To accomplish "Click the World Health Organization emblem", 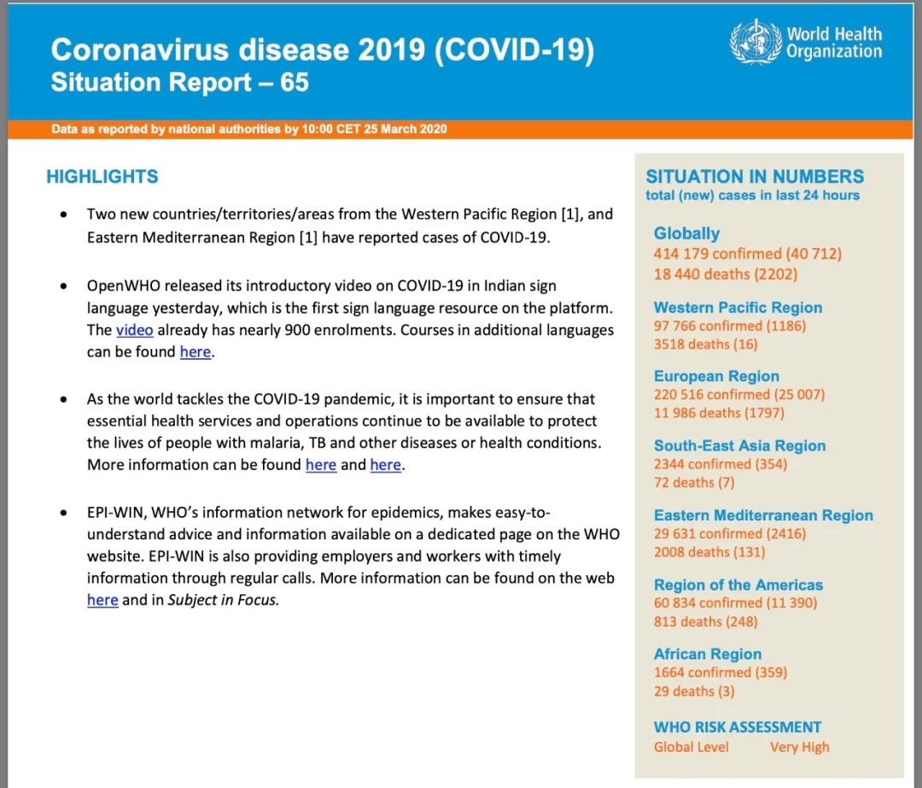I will (756, 42).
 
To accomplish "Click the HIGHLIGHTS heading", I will (102, 177).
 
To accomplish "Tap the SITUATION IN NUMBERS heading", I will (755, 177).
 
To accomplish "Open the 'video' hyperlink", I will (135, 330).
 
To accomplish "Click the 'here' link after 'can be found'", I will (195, 352).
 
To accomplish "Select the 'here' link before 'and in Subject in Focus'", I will (102, 600).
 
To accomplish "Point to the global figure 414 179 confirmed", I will (717, 254).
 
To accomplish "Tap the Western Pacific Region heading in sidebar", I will (738, 308).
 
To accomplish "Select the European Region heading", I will (716, 376).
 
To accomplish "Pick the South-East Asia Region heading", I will (739, 445).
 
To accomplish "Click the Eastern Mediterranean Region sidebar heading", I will (763, 515).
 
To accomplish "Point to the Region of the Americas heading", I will (738, 585).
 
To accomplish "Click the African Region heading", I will (708, 655).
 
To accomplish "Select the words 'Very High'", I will (799, 747).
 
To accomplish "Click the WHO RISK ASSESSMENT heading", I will (738, 727).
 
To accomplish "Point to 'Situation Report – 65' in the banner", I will (179, 83).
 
